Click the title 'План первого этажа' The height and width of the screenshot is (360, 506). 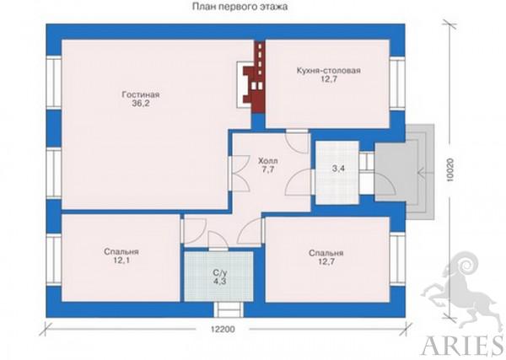click(240, 7)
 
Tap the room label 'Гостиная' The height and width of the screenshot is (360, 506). click(141, 94)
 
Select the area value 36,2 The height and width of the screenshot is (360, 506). click(141, 103)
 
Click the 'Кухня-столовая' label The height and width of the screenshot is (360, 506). click(329, 70)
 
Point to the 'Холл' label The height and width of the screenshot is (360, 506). click(268, 161)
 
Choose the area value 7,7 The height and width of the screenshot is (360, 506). click(268, 169)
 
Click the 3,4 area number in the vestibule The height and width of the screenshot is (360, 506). click(338, 168)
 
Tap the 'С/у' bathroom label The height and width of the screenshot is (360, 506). click(219, 272)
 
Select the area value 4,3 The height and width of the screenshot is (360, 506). click(219, 281)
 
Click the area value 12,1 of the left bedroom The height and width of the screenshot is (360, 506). click(121, 261)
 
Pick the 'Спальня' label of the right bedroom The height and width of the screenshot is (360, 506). click(326, 253)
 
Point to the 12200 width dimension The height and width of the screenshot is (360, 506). click(223, 330)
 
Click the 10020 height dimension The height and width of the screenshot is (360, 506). click(450, 170)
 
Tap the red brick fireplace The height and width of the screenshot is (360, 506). click(255, 78)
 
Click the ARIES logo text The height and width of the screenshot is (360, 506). click(463, 346)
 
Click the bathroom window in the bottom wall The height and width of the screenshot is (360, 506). click(229, 309)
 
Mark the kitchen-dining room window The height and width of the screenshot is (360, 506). click(397, 83)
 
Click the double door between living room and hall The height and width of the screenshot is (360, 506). click(239, 174)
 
